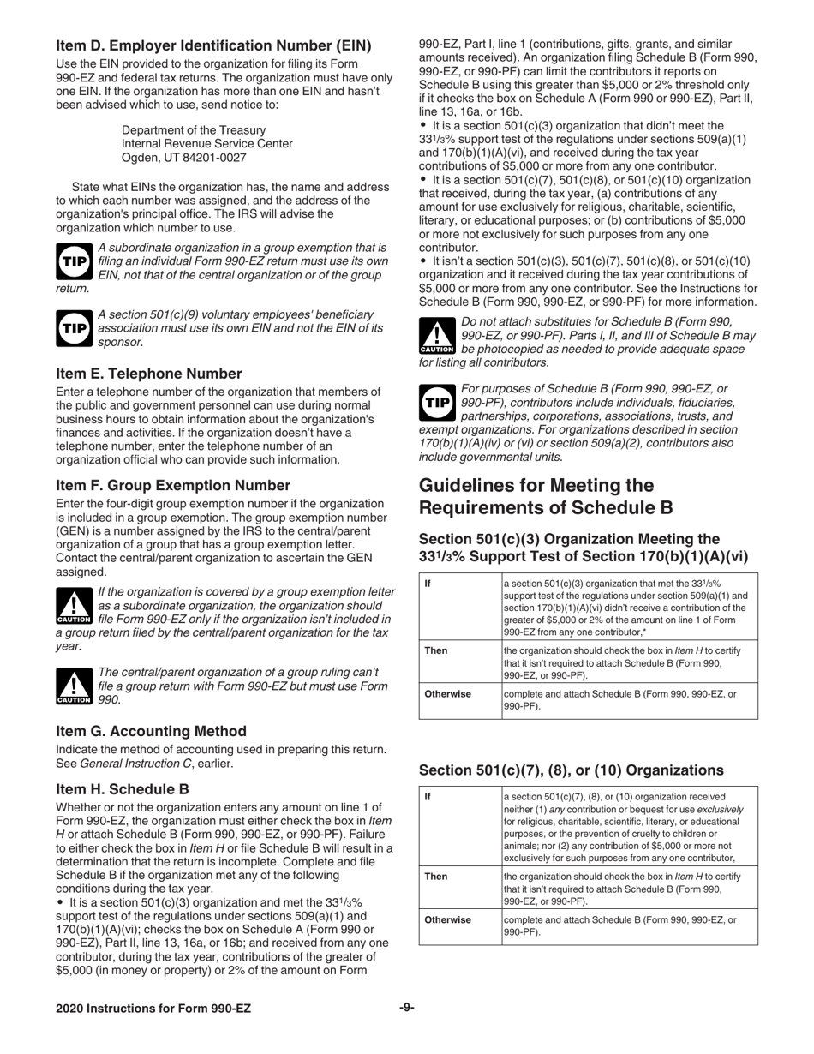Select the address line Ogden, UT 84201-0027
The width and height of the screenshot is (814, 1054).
click(x=183, y=158)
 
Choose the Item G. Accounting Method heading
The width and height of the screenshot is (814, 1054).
click(x=151, y=731)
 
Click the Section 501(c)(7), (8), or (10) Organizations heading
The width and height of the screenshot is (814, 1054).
click(x=571, y=770)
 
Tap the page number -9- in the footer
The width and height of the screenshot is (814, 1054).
click(x=406, y=1008)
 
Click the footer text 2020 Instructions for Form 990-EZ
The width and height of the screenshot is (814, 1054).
click(x=153, y=1009)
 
